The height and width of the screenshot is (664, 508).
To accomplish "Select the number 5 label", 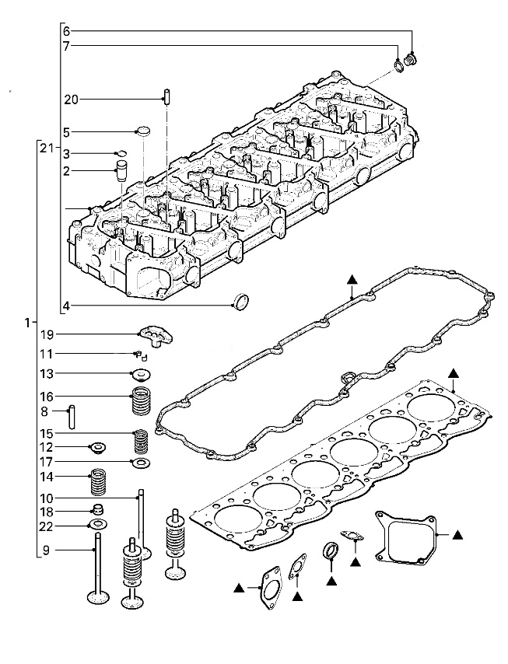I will click(x=67, y=131).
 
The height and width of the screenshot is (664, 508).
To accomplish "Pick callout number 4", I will click(x=67, y=306).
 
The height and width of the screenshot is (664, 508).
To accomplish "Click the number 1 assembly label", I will click(x=27, y=321).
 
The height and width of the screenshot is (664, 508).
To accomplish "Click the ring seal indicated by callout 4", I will click(x=242, y=301).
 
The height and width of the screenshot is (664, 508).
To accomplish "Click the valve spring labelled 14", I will click(x=99, y=481).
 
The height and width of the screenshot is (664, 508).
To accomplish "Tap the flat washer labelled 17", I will click(x=142, y=463).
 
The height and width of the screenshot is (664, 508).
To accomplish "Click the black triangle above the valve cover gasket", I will click(x=352, y=278).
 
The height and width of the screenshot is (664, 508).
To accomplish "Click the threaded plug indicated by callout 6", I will click(x=412, y=58).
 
